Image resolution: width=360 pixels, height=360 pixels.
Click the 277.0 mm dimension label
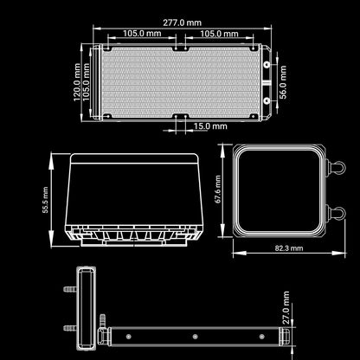pyautogui.click(x=182, y=22)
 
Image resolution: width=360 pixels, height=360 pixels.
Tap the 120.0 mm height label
pyautogui.click(x=77, y=82)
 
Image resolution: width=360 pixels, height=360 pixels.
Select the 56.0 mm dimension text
pyautogui.click(x=284, y=82)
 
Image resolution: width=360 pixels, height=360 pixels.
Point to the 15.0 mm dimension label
pyautogui.click(x=210, y=126)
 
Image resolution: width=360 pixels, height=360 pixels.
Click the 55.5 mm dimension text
pyautogui.click(x=45, y=200)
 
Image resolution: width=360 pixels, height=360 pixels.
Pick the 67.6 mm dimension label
pyautogui.click(x=218, y=190)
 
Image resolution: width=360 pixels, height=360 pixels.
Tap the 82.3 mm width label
pyautogui.click(x=289, y=248)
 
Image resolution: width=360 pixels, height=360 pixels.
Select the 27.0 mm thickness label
pyautogui.click(x=286, y=307)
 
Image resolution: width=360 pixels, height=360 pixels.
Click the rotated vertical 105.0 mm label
pyautogui.click(x=87, y=82)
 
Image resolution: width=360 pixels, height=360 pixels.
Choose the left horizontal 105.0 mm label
pyautogui.click(x=142, y=33)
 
